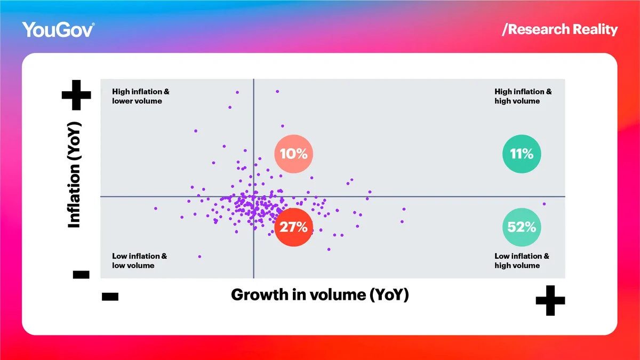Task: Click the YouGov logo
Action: [x=58, y=29]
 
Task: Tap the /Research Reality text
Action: [x=559, y=29]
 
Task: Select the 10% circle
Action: [x=293, y=154]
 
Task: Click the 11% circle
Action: [x=522, y=154]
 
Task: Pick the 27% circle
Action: [x=293, y=227]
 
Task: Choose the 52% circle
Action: [x=522, y=227]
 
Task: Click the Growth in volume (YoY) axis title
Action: [x=319, y=294]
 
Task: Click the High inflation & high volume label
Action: [x=523, y=97]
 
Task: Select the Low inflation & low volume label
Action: [x=139, y=261]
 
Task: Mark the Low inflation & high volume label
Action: [x=522, y=261]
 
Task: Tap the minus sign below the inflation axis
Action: [x=81, y=275]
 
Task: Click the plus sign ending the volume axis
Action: [x=550, y=301]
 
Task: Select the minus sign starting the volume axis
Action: [x=110, y=297]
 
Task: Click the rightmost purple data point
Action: [x=545, y=204]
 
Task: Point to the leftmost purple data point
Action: [x=156, y=208]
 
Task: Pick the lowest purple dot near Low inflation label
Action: [x=199, y=257]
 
